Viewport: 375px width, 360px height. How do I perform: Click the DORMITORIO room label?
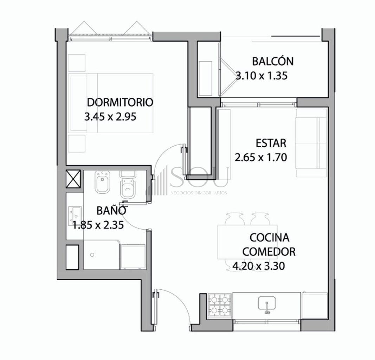tap(120, 102)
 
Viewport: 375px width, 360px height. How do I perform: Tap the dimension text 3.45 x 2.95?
tap(110, 117)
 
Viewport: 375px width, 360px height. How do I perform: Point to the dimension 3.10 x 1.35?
tap(261, 76)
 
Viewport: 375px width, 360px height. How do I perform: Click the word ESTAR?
tap(271, 143)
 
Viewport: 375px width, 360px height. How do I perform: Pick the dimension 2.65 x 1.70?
tap(261, 157)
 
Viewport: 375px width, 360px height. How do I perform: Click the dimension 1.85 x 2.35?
tap(98, 225)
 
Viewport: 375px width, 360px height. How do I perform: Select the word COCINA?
tap(270, 238)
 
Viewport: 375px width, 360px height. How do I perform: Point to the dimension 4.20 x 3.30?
tap(259, 266)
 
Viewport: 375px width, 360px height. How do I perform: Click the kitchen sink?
tap(267, 303)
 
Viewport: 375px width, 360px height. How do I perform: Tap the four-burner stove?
tap(220, 306)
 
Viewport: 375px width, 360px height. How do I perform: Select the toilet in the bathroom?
tap(128, 185)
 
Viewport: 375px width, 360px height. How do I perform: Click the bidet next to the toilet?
tap(102, 182)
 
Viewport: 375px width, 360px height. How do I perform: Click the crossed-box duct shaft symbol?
tap(73, 179)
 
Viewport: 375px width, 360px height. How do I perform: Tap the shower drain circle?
tap(92, 255)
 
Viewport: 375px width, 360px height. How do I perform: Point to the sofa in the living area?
tap(311, 143)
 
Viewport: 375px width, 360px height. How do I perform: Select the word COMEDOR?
tap(269, 252)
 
